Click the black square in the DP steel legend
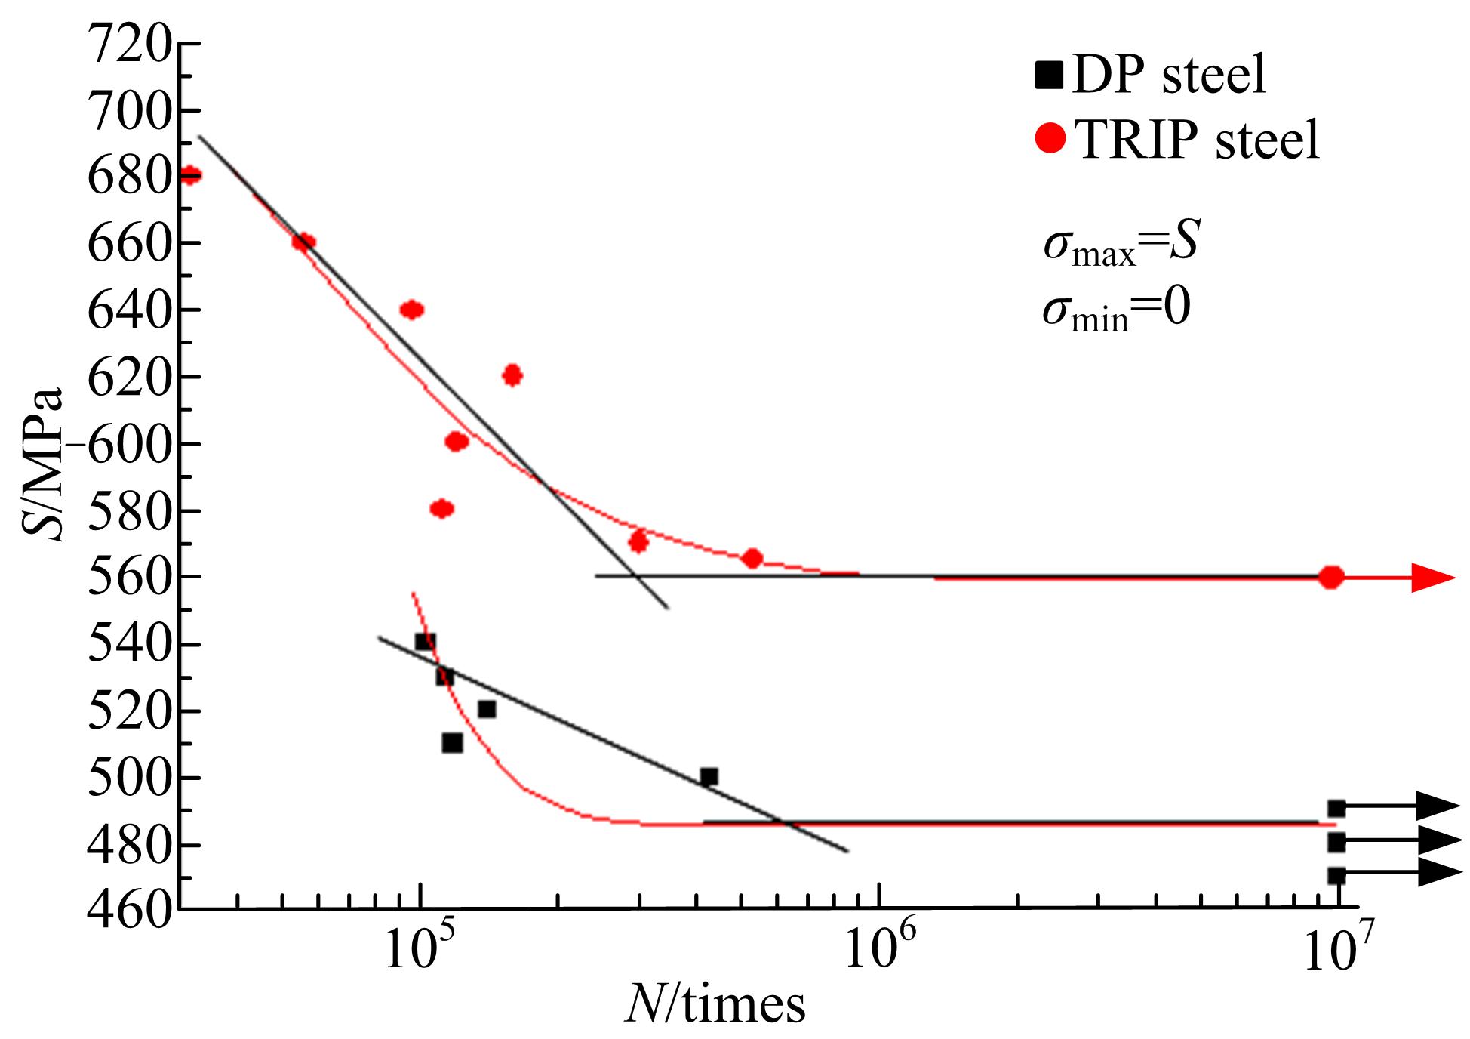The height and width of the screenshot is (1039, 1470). click(1049, 76)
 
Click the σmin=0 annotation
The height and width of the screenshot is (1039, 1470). click(1115, 310)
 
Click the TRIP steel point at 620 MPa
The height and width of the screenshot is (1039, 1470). click(512, 375)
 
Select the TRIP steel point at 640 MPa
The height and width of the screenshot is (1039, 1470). click(411, 310)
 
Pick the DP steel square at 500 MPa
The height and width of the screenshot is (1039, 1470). click(709, 777)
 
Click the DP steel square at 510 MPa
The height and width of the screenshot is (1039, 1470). click(452, 743)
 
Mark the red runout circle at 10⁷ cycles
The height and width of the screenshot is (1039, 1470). click(1332, 578)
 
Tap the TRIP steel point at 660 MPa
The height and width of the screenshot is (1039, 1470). click(303, 242)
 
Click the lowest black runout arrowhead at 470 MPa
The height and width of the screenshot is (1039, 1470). click(1440, 873)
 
